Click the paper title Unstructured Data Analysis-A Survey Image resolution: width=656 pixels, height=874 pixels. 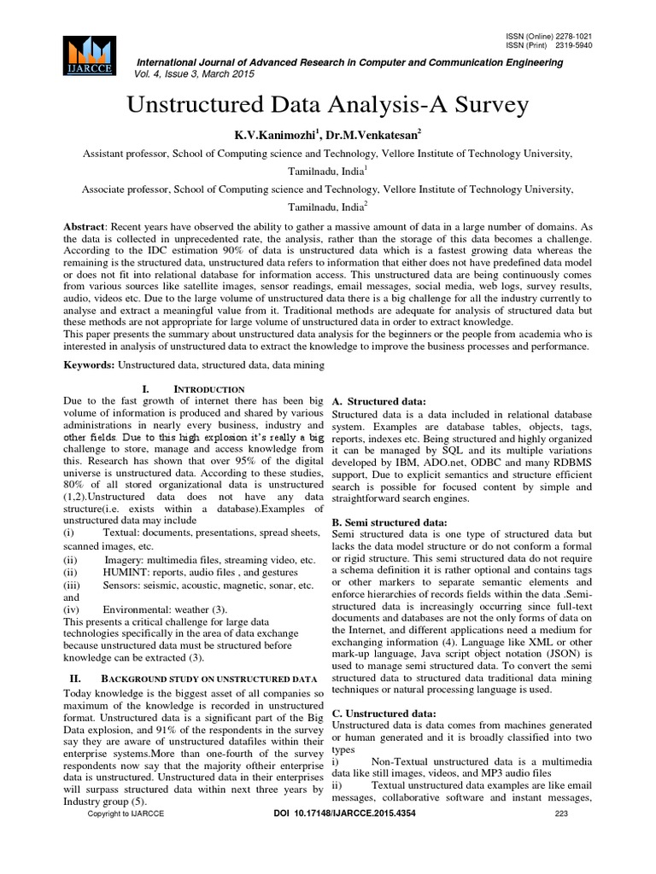(x=328, y=105)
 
